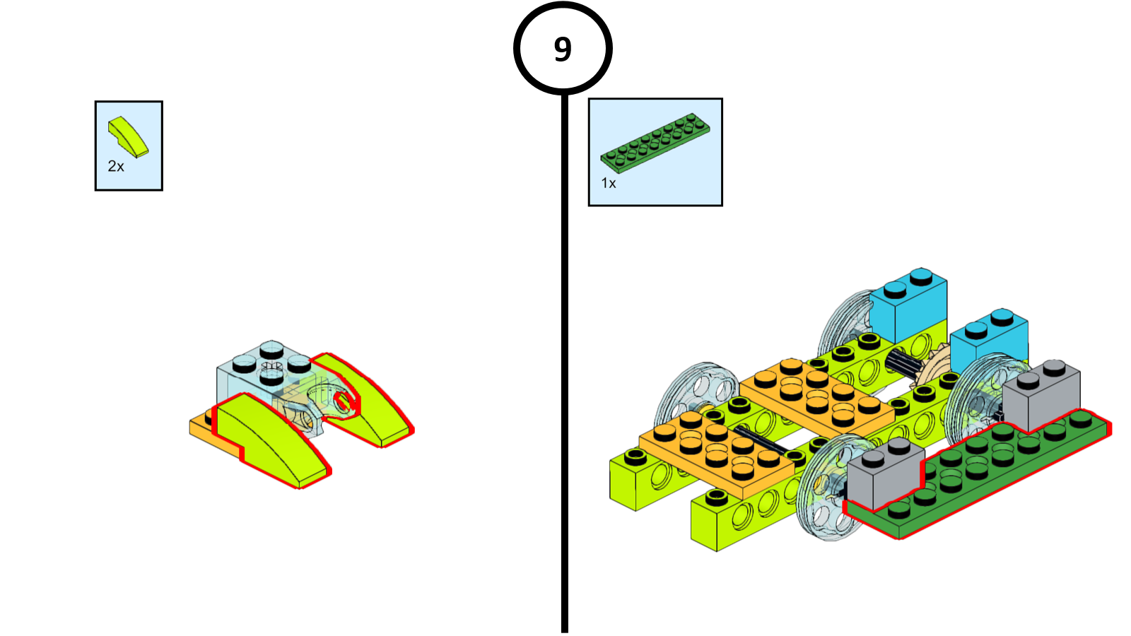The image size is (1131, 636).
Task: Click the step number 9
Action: tap(563, 49)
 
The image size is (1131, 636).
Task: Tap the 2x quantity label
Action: tap(116, 167)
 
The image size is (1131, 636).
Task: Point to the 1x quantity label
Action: tap(609, 183)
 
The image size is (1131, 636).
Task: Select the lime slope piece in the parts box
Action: tap(127, 136)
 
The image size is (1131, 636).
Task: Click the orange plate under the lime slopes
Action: tap(201, 428)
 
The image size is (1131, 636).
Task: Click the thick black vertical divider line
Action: tap(565, 353)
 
